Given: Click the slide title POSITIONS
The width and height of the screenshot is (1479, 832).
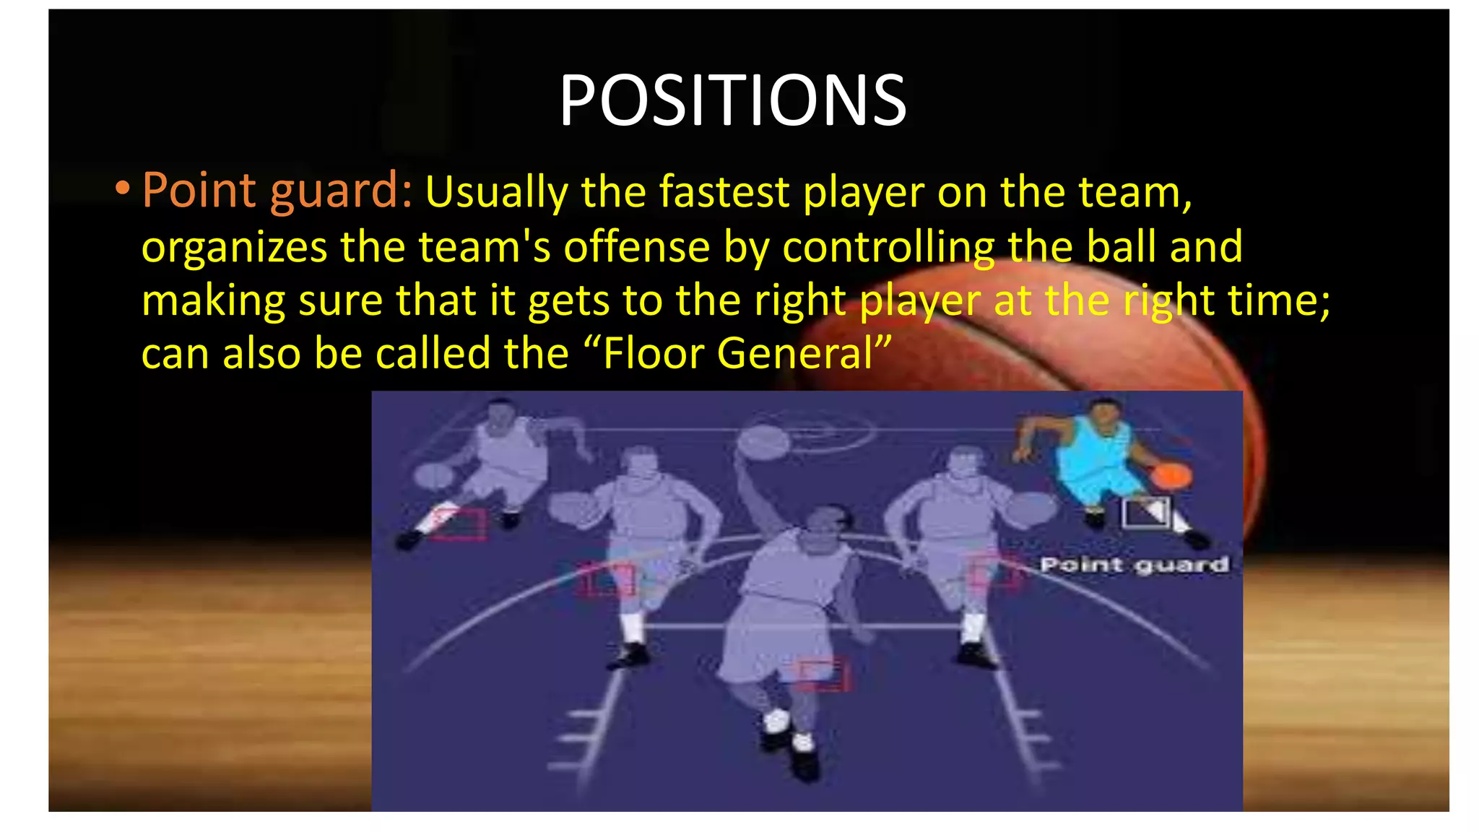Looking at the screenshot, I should click(x=732, y=100).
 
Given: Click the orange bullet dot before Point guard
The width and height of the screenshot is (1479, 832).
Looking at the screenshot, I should click(x=122, y=189).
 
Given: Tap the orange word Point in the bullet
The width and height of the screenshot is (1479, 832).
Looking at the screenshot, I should click(x=199, y=190).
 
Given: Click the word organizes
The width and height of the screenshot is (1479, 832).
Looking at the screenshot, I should click(x=234, y=248).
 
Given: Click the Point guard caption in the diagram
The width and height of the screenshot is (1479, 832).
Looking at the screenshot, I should click(x=1134, y=565).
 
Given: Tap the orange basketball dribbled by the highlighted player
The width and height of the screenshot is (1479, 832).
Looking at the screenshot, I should click(x=1171, y=476).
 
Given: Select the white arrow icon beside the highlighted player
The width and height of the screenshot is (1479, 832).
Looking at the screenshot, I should click(x=1146, y=512).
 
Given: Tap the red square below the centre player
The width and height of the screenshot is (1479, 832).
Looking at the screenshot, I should click(x=822, y=673).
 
